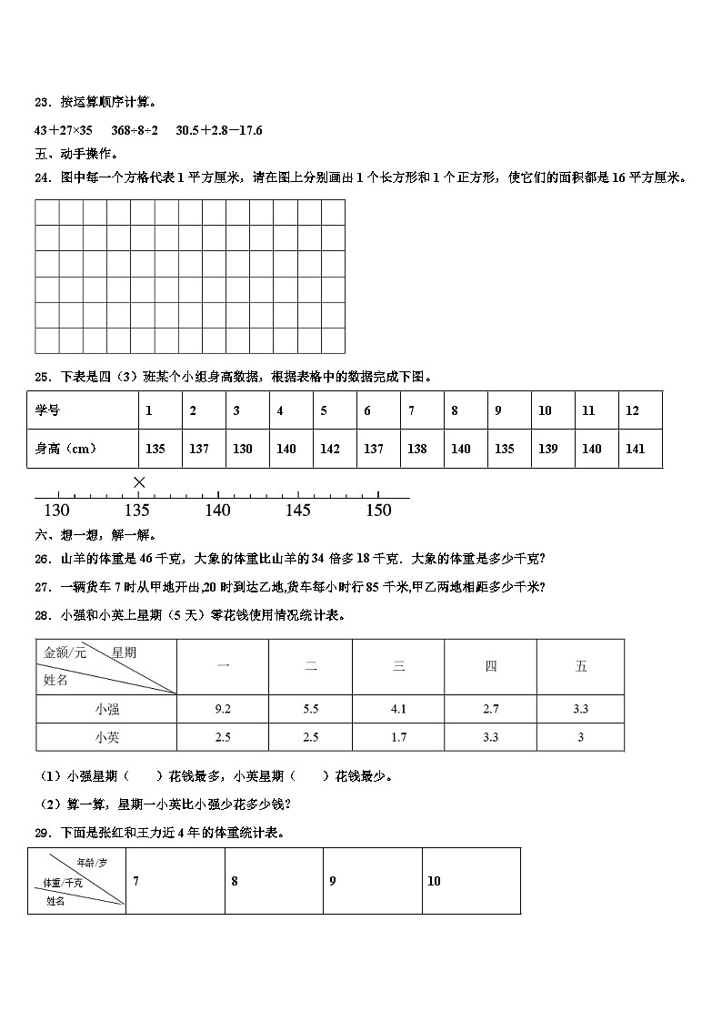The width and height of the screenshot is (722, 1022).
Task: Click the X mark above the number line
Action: tap(138, 481)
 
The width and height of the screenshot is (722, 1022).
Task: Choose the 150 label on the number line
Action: tap(377, 511)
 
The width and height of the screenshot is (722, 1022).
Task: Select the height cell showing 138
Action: tap(417, 449)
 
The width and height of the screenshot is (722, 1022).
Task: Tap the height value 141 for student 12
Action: tap(636, 449)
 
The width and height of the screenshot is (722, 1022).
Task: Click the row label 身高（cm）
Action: tap(66, 449)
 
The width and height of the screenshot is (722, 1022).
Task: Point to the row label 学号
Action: tap(47, 410)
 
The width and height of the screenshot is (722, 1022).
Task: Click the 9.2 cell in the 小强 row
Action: tap(223, 709)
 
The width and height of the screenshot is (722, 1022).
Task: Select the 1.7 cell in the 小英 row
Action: tap(398, 737)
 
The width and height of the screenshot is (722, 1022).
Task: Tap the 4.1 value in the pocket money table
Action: tap(398, 709)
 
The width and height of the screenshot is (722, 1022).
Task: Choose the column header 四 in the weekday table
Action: tap(491, 667)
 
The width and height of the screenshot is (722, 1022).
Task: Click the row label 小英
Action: tap(106, 737)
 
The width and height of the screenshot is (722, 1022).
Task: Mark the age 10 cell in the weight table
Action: tap(434, 881)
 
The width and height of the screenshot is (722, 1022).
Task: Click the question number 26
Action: tap(41, 559)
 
